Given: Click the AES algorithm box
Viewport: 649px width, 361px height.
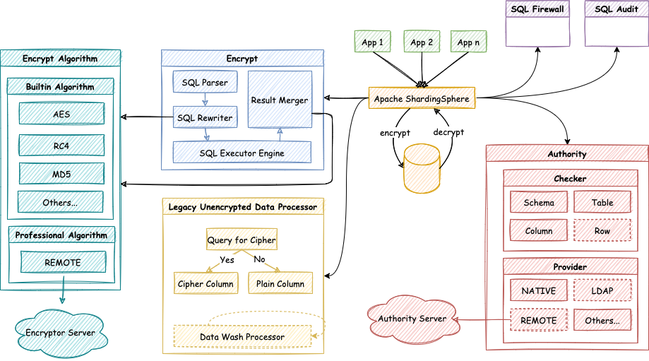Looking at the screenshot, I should point(61,114).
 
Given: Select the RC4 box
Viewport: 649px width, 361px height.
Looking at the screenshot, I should point(61,145).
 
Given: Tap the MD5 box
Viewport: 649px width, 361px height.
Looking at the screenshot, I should point(61,173).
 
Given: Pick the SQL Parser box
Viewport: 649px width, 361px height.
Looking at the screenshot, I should point(205,83).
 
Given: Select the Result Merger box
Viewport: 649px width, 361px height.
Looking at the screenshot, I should point(280,100).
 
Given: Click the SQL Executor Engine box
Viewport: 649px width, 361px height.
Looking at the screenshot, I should point(242,152).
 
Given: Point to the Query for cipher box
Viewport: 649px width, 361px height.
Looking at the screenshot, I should point(241,240).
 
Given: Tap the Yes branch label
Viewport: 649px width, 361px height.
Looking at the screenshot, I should point(227,259).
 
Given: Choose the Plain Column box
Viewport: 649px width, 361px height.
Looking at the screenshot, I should point(280,283).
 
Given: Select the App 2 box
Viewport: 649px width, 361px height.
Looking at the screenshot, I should point(422,42).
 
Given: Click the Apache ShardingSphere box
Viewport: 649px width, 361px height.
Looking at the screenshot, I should point(422,99).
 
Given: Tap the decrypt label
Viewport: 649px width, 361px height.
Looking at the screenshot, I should point(448,132).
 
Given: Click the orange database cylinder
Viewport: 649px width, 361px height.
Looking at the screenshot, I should point(422,169).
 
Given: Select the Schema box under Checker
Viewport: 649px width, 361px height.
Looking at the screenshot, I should point(539,202).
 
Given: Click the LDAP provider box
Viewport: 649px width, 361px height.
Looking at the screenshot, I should point(602,290).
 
